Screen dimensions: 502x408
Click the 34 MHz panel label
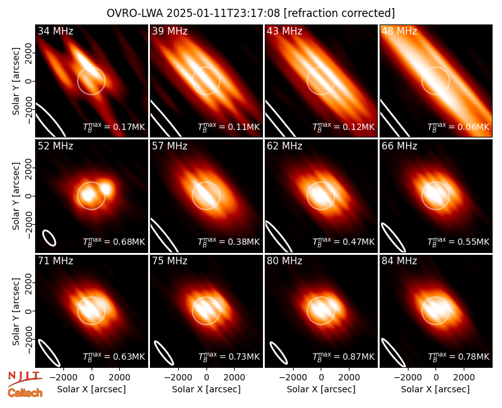click(x=55, y=31)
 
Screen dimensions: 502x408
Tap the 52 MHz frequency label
click(x=55, y=146)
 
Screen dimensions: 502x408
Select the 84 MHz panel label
click(x=399, y=261)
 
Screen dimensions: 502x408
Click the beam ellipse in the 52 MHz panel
click(x=50, y=238)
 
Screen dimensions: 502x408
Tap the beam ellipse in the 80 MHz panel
click(x=279, y=353)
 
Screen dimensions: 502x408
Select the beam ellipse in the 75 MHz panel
click(x=164, y=353)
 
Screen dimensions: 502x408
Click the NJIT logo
click(x=24, y=377)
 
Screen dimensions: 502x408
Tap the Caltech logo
click(x=25, y=393)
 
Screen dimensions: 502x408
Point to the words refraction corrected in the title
click(x=339, y=13)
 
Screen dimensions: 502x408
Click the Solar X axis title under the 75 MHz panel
click(x=206, y=389)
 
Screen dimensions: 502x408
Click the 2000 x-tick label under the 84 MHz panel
click(x=464, y=378)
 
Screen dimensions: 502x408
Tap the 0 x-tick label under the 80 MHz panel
click(x=321, y=378)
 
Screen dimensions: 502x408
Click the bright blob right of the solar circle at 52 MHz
click(x=106, y=188)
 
